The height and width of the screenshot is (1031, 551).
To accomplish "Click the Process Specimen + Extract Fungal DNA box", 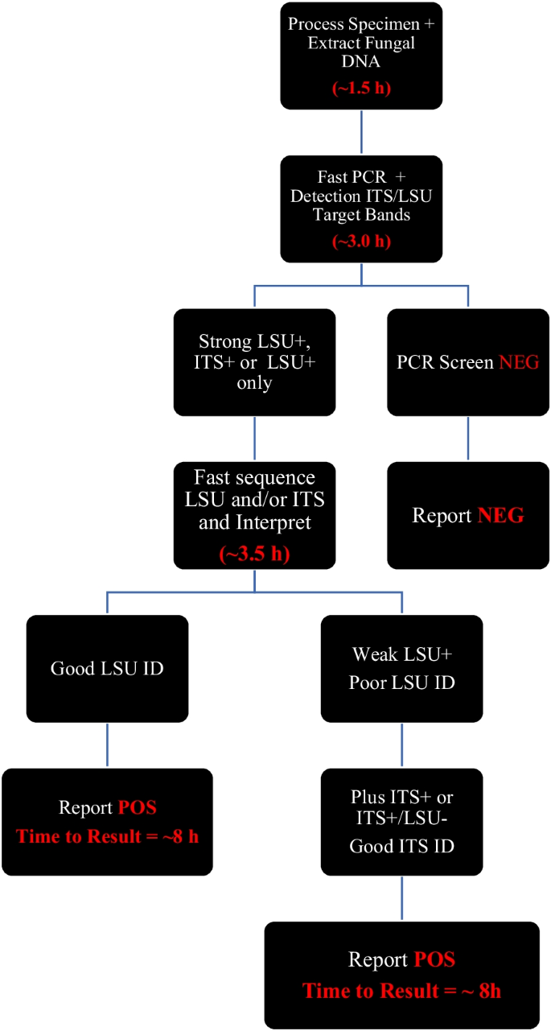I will [361, 55].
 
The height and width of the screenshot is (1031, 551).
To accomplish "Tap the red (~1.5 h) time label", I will [361, 88].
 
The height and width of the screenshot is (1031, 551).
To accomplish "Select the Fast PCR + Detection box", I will [361, 208].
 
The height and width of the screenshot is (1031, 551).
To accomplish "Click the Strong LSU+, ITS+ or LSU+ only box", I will [254, 361].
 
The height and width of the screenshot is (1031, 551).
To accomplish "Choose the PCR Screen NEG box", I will [468, 361].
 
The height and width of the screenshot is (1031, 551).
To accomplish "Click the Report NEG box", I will [468, 515].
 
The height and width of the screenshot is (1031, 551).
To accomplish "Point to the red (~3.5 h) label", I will [255, 555].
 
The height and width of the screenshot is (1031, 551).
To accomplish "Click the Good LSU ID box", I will [107, 668].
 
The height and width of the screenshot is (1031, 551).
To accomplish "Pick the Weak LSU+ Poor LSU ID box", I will [401, 668].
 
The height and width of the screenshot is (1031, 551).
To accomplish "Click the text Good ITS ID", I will [401, 844].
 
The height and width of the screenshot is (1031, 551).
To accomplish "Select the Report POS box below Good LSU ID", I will [107, 821].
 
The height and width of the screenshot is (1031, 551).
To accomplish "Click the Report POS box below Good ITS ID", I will [401, 975].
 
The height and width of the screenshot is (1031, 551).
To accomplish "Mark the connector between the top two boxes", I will [361, 132].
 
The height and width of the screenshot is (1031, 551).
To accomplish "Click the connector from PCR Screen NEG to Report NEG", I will [468, 438].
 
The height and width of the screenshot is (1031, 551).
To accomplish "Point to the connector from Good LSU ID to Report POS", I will [107, 744].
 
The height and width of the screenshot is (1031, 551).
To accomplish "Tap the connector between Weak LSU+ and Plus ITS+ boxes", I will [401, 744].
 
